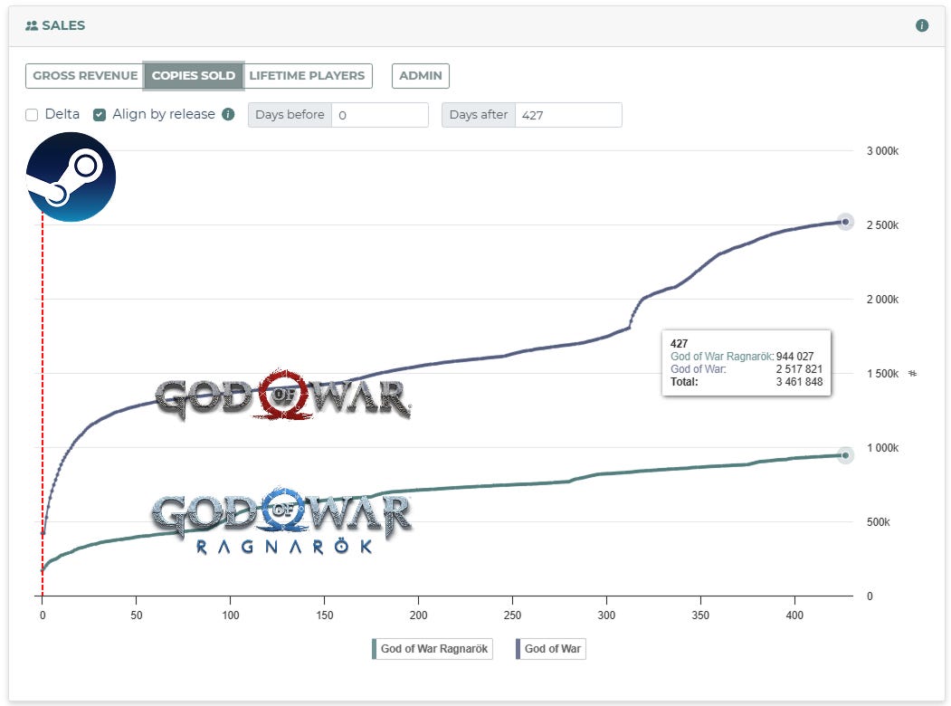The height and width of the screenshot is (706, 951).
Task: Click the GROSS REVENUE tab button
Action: tap(85, 76)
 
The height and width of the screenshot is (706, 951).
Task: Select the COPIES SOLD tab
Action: tap(194, 76)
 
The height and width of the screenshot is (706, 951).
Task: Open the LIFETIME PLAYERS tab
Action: tap(307, 76)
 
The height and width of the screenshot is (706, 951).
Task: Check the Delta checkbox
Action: tap(32, 115)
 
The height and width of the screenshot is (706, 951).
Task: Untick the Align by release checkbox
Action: tap(100, 115)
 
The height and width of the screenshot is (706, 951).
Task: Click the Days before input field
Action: tap(379, 115)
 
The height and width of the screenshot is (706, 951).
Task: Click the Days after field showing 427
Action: tap(567, 115)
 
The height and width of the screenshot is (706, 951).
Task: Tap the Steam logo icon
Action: tap(71, 176)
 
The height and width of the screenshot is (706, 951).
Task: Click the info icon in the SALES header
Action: tap(922, 25)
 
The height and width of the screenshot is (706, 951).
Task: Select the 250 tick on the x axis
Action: tap(512, 614)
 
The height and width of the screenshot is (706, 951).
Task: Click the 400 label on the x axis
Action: tap(794, 614)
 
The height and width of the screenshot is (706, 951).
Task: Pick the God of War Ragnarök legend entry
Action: tap(433, 649)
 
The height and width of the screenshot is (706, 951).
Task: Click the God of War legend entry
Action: tap(551, 649)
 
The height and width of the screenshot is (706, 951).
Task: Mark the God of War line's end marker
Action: tap(845, 222)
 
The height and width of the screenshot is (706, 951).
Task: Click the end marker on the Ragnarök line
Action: tap(845, 455)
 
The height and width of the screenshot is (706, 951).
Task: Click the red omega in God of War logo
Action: tap(286, 395)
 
